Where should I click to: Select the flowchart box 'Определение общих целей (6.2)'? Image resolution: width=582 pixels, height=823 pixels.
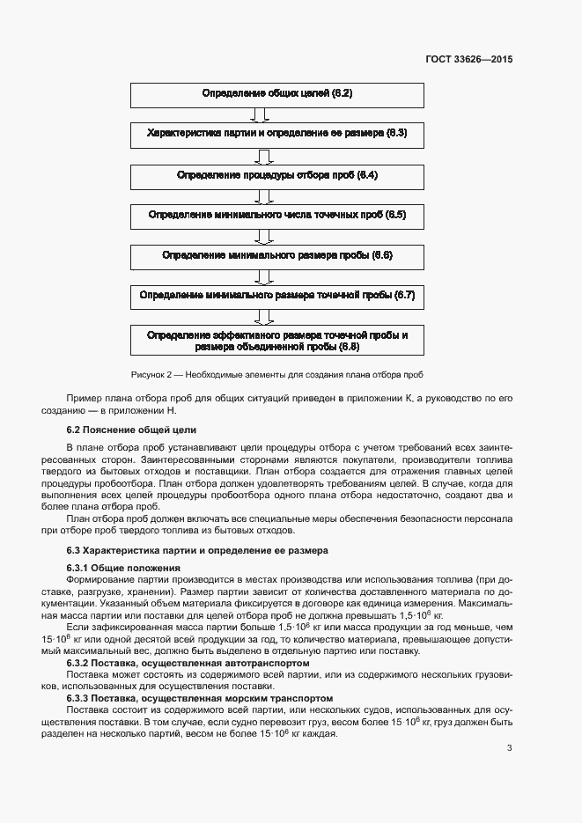click(277, 94)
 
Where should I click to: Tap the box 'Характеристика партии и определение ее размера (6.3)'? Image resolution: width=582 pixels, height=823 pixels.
click(277, 135)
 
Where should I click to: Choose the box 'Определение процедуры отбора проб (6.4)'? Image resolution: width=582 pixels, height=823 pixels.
click(277, 175)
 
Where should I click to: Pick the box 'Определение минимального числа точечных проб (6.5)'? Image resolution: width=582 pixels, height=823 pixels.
click(277, 216)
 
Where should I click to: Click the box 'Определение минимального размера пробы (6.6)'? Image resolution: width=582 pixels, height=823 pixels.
click(277, 256)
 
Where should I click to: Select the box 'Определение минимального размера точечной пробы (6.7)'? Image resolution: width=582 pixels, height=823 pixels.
click(277, 297)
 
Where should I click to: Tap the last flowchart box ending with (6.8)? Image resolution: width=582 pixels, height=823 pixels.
click(277, 341)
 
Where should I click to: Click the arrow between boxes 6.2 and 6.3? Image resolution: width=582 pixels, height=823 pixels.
click(261, 114)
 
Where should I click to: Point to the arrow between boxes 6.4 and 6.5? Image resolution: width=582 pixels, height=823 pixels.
click(261, 195)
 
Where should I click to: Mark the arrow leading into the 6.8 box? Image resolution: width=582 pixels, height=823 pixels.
click(261, 317)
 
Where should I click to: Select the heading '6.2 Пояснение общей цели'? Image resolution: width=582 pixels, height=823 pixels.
click(131, 430)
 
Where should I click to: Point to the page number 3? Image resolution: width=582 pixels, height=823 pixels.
click(509, 749)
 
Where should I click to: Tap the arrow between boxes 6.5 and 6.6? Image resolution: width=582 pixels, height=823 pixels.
click(261, 236)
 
